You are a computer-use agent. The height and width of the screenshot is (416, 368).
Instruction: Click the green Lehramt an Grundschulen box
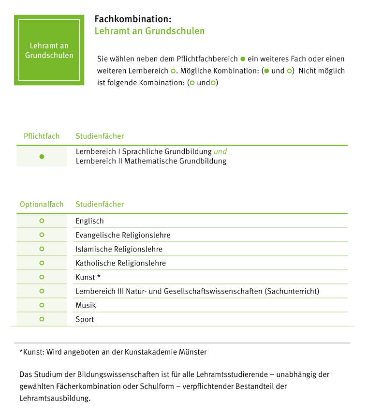tap(49, 50)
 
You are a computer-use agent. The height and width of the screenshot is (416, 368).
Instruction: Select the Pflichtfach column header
tap(42, 136)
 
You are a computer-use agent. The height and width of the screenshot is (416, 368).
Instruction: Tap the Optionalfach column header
tap(42, 204)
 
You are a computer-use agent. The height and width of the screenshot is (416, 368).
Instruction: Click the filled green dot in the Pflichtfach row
tap(42, 156)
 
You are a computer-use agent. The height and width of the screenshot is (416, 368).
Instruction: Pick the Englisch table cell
tap(90, 221)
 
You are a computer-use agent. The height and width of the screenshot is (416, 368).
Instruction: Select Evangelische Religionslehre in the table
tap(123, 235)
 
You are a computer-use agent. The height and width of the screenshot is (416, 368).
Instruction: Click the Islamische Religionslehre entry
tap(119, 249)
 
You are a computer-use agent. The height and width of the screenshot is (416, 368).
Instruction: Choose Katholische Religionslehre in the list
tap(120, 263)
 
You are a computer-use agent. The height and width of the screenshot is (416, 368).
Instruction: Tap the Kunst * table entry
tap(88, 277)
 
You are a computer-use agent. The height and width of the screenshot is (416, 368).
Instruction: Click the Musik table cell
tap(86, 305)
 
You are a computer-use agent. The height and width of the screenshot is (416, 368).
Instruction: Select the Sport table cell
tap(85, 319)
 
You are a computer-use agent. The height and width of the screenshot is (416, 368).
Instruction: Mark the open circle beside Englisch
tap(42, 221)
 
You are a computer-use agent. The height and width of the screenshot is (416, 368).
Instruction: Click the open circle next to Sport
tap(42, 319)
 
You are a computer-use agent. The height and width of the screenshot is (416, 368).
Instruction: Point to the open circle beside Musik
tap(42, 305)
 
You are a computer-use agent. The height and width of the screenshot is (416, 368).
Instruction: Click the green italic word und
tap(221, 151)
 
